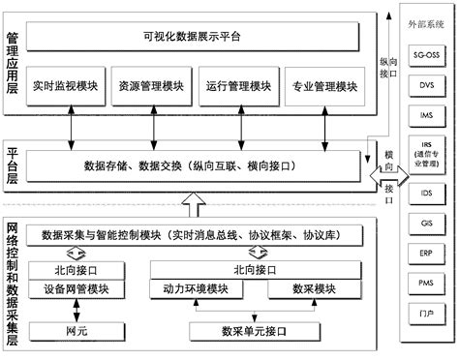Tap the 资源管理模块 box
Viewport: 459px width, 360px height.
[149, 86]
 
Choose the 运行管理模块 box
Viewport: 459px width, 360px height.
[236, 86]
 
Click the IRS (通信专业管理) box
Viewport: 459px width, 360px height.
[426, 155]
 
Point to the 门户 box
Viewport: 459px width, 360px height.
[426, 314]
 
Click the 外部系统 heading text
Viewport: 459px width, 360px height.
[427, 16]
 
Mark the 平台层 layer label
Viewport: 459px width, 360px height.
[14, 164]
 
